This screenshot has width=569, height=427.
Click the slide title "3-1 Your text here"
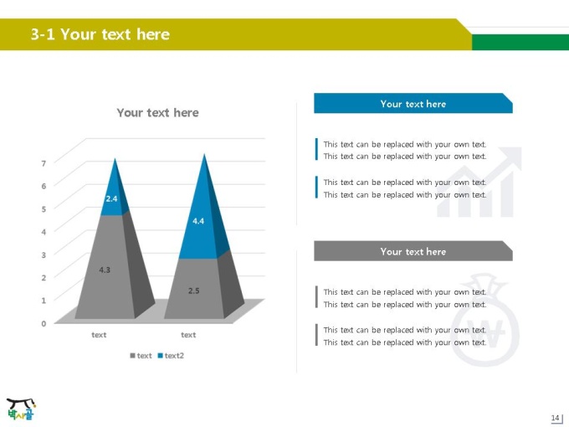click(100, 34)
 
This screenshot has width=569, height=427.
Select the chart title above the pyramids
click(157, 112)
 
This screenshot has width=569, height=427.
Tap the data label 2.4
click(111, 198)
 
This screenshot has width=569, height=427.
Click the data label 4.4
click(198, 221)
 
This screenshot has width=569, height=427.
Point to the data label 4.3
click(105, 270)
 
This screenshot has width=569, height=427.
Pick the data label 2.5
click(194, 291)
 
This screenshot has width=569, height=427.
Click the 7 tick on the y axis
click(44, 163)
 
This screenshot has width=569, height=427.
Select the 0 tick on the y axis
click(44, 323)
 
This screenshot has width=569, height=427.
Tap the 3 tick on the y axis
click(44, 255)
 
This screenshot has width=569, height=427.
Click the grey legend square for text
click(132, 356)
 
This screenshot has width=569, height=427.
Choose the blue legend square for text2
click(160, 356)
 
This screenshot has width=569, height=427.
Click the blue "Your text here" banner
click(413, 103)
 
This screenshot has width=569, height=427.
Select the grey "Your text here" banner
click(413, 251)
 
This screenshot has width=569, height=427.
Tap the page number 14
click(555, 418)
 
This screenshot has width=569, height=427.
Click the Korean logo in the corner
click(21, 409)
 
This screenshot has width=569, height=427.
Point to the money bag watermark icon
click(484, 320)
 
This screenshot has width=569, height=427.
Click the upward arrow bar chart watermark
click(479, 182)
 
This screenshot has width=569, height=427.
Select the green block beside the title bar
click(520, 42)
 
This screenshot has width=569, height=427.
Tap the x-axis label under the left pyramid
click(99, 335)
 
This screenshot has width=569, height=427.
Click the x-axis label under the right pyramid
click(188, 335)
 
